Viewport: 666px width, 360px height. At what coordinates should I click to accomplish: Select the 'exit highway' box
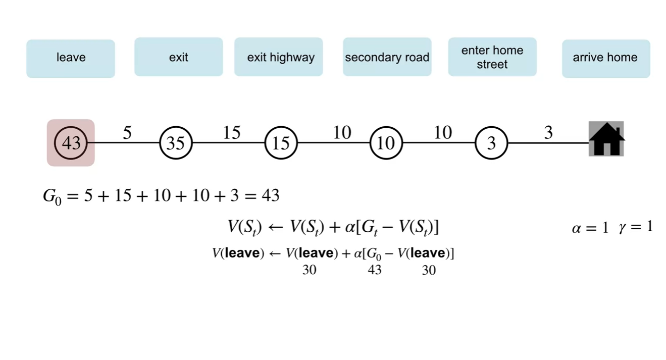pos(279,57)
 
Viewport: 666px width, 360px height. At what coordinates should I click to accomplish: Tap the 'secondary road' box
pos(387,57)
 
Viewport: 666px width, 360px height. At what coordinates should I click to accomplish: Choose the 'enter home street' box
pos(492,57)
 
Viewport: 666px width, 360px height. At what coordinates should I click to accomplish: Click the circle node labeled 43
pos(71,143)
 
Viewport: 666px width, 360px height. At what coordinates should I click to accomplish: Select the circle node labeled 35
pos(176,143)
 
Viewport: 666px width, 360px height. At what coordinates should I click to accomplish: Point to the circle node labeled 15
pos(281,143)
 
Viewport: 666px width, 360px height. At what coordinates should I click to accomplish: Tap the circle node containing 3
pos(491,143)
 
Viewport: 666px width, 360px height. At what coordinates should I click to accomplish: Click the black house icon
pos(606,139)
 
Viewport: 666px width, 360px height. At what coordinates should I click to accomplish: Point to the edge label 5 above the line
pos(127,133)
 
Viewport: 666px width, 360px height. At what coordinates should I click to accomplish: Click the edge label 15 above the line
pos(232,133)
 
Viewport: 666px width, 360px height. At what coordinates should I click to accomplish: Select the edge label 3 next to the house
pos(548,133)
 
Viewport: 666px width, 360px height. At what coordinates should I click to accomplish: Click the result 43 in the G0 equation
pos(269,195)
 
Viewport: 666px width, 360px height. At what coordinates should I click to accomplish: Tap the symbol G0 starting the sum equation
pos(52,196)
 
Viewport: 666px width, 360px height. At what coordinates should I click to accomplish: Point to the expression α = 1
pos(590,228)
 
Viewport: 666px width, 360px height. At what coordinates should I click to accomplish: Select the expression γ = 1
pos(635,227)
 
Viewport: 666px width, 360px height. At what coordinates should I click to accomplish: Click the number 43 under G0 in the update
pos(374,270)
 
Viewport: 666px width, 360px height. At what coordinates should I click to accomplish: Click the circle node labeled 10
pos(386,143)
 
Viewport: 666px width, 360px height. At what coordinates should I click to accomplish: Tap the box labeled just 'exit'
pos(179,57)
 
